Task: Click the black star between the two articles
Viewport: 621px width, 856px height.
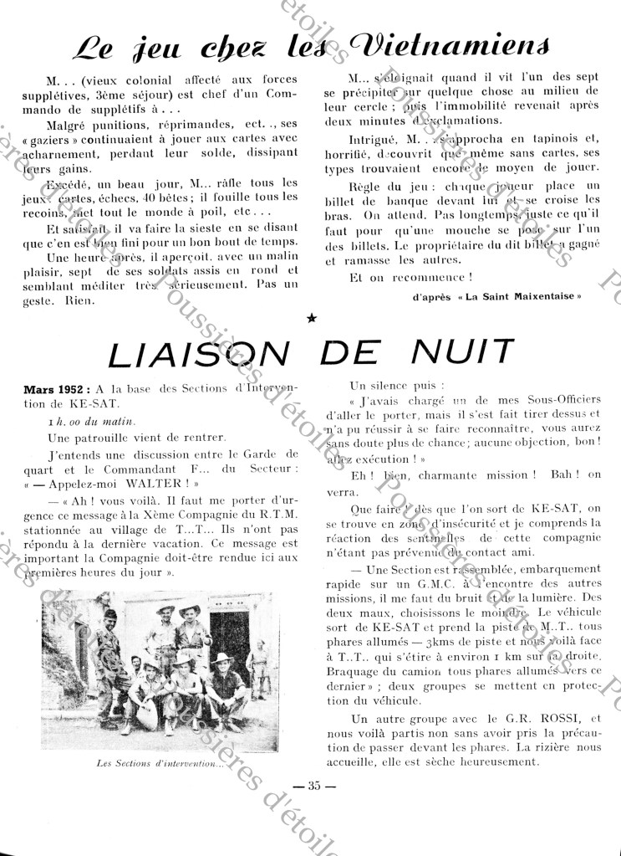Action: coord(312,318)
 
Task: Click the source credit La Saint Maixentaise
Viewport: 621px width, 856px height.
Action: coord(532,296)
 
